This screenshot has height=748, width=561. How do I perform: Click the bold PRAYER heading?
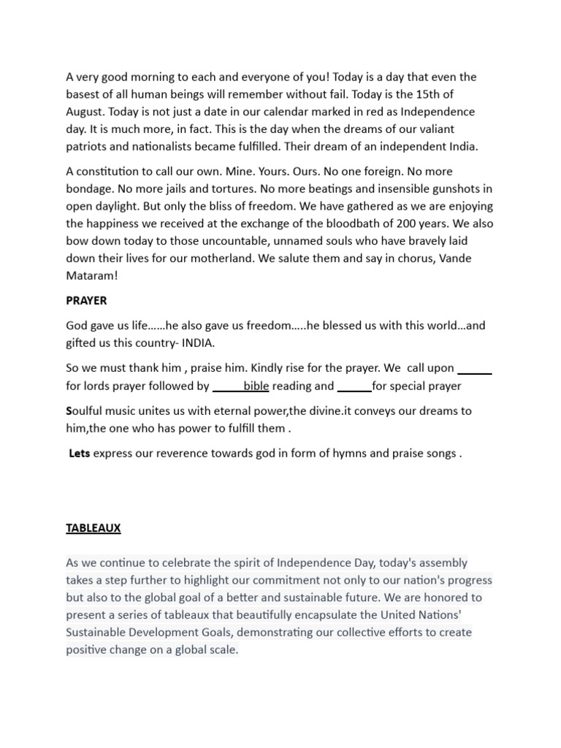click(x=86, y=300)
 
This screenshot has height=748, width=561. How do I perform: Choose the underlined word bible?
click(x=256, y=386)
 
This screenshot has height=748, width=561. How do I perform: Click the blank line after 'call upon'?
click(x=474, y=368)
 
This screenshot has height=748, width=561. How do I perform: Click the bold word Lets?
click(x=80, y=453)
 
